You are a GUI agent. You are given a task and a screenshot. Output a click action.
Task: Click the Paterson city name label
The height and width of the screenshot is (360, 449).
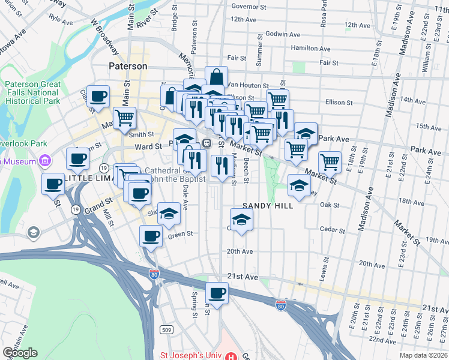pyautogui.click(x=128, y=66)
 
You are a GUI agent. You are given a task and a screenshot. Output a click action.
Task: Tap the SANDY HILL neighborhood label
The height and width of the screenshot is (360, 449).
pyautogui.click(x=267, y=206)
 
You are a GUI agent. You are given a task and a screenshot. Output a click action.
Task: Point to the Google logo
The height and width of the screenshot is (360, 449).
pyautogui.click(x=20, y=353)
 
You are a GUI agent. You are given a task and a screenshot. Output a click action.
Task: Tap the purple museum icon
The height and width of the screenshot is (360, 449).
pyautogui.click(x=44, y=161)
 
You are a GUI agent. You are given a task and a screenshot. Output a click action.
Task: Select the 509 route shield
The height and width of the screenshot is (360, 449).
pyautogui.click(x=167, y=329)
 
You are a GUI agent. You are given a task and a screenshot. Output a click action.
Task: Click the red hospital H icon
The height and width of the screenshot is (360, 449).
pyautogui.click(x=230, y=355)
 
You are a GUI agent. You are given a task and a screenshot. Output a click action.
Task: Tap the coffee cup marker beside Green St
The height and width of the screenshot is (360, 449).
pyautogui.click(x=151, y=236)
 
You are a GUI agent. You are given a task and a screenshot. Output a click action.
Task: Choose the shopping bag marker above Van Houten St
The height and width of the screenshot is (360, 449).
pyautogui.click(x=216, y=77)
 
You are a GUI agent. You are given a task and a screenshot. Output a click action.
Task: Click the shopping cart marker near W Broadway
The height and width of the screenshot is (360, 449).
pyautogui.click(x=124, y=118)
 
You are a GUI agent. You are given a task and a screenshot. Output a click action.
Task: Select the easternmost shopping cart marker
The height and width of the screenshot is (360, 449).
pyautogui.click(x=330, y=161)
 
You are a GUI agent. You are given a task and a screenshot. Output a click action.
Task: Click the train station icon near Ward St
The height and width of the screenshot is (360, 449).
pyautogui.click(x=206, y=143)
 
